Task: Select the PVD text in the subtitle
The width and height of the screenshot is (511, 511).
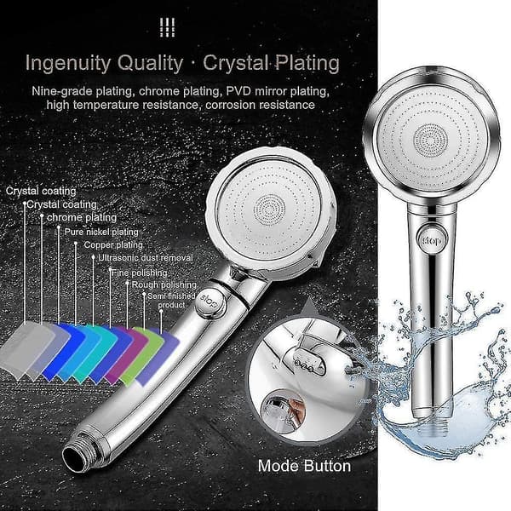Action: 238,91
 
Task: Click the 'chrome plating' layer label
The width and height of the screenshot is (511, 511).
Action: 82,217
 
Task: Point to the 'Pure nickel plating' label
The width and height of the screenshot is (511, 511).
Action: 101,232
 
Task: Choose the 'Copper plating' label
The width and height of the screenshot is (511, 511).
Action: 113,244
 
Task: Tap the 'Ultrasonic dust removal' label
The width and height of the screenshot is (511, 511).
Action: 146,258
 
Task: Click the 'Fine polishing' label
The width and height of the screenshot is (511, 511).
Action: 140,273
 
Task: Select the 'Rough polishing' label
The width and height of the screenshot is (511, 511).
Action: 164,284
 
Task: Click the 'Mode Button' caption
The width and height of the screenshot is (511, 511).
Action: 304,466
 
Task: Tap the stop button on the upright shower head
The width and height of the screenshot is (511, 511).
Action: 433,241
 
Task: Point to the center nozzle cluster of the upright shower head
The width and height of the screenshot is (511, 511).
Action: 430,141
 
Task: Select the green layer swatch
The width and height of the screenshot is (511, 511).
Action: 141,356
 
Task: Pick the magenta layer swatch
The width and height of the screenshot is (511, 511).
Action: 126,354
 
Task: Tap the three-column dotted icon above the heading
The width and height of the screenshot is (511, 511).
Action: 168,27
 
